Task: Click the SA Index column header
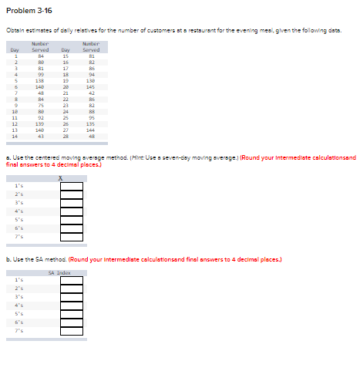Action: pyautogui.click(x=59, y=272)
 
